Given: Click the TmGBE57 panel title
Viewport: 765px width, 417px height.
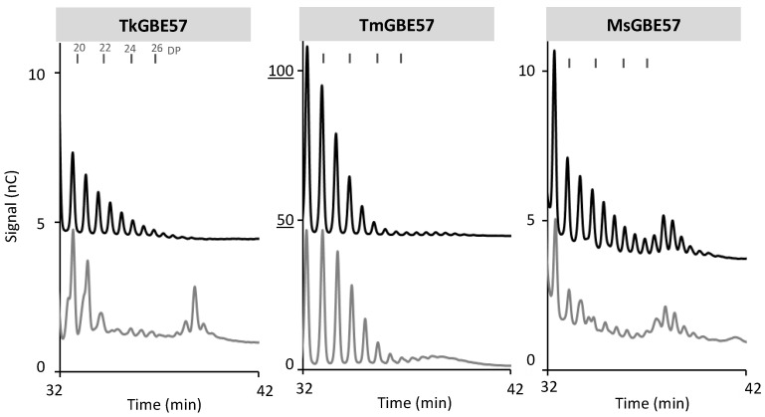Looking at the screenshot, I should coord(406,22).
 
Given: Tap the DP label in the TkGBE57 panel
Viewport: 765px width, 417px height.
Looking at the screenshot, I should coord(174,48).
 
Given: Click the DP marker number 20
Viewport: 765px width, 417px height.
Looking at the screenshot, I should coord(79,48).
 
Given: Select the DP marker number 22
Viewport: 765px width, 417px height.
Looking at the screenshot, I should coord(104,48).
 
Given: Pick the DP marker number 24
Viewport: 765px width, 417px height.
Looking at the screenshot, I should coord(130,48).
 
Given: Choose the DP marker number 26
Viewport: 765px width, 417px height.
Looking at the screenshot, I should coord(156,48).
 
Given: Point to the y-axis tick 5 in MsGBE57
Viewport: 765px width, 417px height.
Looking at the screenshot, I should coord(530,220).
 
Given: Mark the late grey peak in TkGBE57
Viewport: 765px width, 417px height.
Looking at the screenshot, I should coord(195,288).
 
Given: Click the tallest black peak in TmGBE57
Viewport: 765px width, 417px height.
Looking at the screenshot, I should coord(307,47).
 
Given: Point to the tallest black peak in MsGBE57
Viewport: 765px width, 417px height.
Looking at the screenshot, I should coord(554,51).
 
